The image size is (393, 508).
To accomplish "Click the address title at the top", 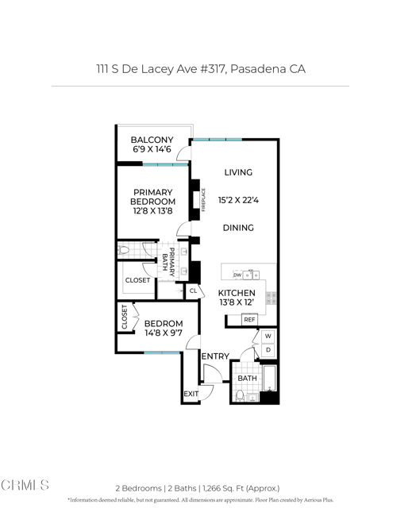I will click(196, 69).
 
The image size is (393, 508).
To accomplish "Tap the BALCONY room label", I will click(152, 140).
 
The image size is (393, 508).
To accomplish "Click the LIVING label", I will click(238, 172).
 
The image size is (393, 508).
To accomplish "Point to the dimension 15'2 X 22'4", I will click(238, 201).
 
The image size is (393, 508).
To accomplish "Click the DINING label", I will click(238, 228).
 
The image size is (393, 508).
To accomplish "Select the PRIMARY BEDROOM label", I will click(152, 197).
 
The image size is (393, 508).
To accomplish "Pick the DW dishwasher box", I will click(237, 275).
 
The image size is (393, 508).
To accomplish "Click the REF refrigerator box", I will click(249, 320).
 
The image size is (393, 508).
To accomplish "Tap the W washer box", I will click(268, 336).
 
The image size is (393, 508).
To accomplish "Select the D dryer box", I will click(268, 350).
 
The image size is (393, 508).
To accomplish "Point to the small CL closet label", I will click(193, 291).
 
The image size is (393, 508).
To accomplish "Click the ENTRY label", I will click(215, 356).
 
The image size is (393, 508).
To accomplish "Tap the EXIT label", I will click(191, 394).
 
